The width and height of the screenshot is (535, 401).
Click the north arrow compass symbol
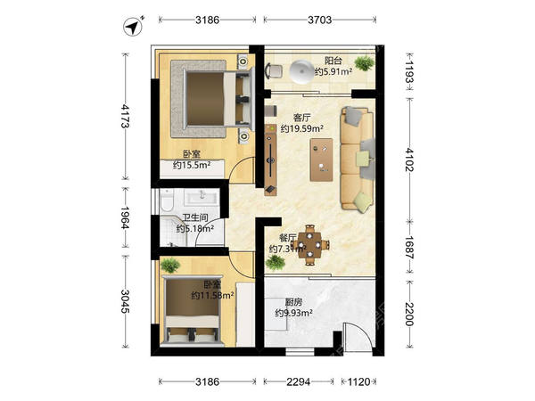tap(133, 26)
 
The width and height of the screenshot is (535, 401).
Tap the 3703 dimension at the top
tap(319, 20)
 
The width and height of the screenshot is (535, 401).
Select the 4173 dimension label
tap(125, 116)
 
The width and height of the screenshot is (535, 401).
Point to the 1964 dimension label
tap(125, 217)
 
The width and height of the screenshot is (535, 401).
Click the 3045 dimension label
tap(125, 301)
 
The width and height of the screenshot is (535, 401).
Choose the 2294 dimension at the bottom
tap(298, 381)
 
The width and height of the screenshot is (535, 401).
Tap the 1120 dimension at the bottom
tap(358, 381)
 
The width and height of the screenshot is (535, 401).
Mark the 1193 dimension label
tap(409, 71)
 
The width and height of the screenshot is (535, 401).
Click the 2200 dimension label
tap(409, 314)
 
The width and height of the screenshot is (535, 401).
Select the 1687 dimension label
tap(409, 247)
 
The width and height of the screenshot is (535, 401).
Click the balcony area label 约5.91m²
tap(333, 71)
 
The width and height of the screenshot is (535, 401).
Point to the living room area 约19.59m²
tap(302, 128)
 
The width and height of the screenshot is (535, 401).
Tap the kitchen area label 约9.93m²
tap(293, 313)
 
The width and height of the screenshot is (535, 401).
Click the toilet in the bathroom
tap(167, 200)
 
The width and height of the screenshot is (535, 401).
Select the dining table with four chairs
tap(309, 244)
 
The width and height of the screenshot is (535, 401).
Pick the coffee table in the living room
tap(321, 160)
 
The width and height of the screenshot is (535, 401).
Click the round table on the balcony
tap(301, 71)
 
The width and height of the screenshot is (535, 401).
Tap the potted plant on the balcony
tap(365, 63)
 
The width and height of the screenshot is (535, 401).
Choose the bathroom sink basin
tap(202, 197)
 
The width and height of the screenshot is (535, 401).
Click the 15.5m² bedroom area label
tap(192, 165)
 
